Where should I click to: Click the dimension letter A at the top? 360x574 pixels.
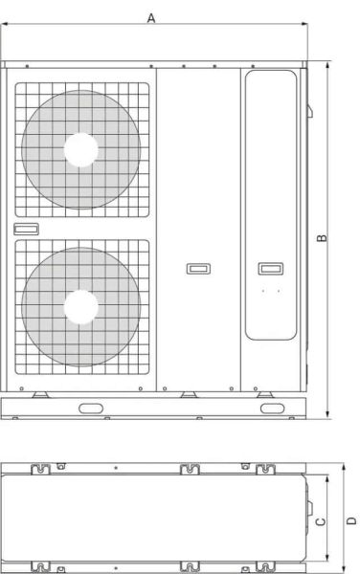(x=151, y=18)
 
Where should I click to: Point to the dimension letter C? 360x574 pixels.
(x=323, y=520)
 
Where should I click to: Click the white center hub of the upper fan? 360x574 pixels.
(x=81, y=149)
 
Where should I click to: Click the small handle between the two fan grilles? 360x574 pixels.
(x=26, y=229)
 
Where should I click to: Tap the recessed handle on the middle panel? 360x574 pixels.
(x=198, y=269)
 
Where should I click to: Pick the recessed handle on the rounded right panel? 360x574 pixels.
(x=270, y=267)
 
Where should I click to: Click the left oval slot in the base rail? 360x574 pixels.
(x=93, y=408)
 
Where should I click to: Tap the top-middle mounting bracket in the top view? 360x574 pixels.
(x=190, y=470)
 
